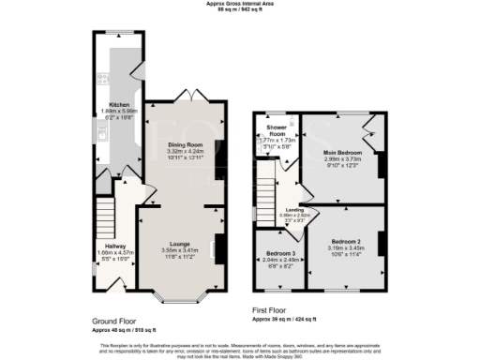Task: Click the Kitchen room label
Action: point(119,104)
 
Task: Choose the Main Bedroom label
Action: point(343,152)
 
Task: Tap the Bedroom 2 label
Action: point(346,241)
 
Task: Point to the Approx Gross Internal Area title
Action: point(239,4)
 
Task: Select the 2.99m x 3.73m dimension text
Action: point(343,158)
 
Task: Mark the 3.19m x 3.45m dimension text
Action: point(346,247)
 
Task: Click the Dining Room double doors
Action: point(191,97)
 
